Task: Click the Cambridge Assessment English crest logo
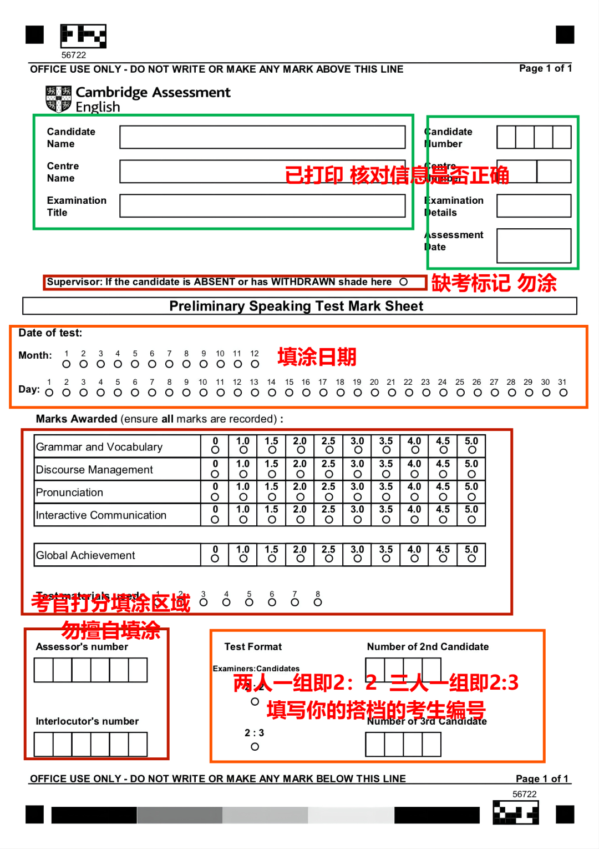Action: pyautogui.click(x=59, y=99)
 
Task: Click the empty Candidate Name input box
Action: pyautogui.click(x=262, y=137)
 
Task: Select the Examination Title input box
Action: pyautogui.click(x=262, y=206)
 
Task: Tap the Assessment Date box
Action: pyautogui.click(x=534, y=245)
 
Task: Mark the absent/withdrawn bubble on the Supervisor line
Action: pyautogui.click(x=404, y=282)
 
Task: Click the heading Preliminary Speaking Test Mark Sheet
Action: pyautogui.click(x=296, y=306)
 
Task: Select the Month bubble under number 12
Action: pyautogui.click(x=255, y=364)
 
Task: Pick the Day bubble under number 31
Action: pyautogui.click(x=564, y=393)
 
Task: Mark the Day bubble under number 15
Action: pyautogui.click(x=289, y=393)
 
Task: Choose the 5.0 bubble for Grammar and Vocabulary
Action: pyautogui.click(x=471, y=450)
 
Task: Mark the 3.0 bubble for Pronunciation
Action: pyautogui.click(x=357, y=496)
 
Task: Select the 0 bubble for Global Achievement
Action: pyautogui.click(x=215, y=559)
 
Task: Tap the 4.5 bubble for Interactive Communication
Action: pyautogui.click(x=443, y=520)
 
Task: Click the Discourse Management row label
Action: pyautogui.click(x=94, y=470)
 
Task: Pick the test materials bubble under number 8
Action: pyautogui.click(x=318, y=602)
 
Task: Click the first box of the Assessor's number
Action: pyautogui.click(x=44, y=670)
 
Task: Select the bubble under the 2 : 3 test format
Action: pyautogui.click(x=255, y=747)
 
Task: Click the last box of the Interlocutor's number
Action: pyautogui.click(x=138, y=744)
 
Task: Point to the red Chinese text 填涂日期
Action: pyautogui.click(x=317, y=357)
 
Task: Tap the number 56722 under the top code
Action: pyautogui.click(x=74, y=55)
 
